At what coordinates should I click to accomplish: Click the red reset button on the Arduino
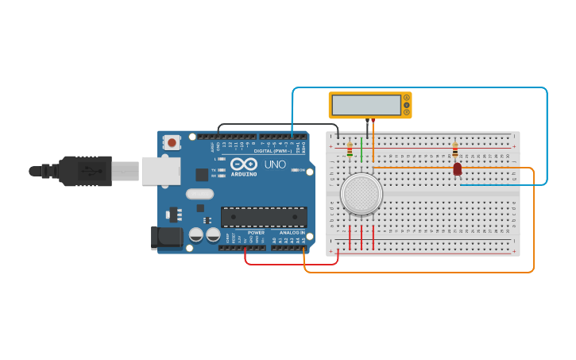click(172, 143)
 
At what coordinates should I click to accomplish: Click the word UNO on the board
click(275, 165)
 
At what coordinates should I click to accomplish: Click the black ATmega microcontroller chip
click(264, 217)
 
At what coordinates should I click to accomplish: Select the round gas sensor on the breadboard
click(360, 194)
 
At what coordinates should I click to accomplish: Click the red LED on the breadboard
click(457, 169)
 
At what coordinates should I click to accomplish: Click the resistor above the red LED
click(454, 149)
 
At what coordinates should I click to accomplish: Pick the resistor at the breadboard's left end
click(350, 149)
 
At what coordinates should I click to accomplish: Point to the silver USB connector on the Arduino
click(160, 171)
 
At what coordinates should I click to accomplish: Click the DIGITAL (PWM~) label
click(273, 150)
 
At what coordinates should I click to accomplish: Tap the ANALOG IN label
click(292, 232)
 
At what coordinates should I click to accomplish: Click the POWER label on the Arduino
click(256, 232)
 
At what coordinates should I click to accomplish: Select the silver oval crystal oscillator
click(199, 194)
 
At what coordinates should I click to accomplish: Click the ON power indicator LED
click(296, 170)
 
